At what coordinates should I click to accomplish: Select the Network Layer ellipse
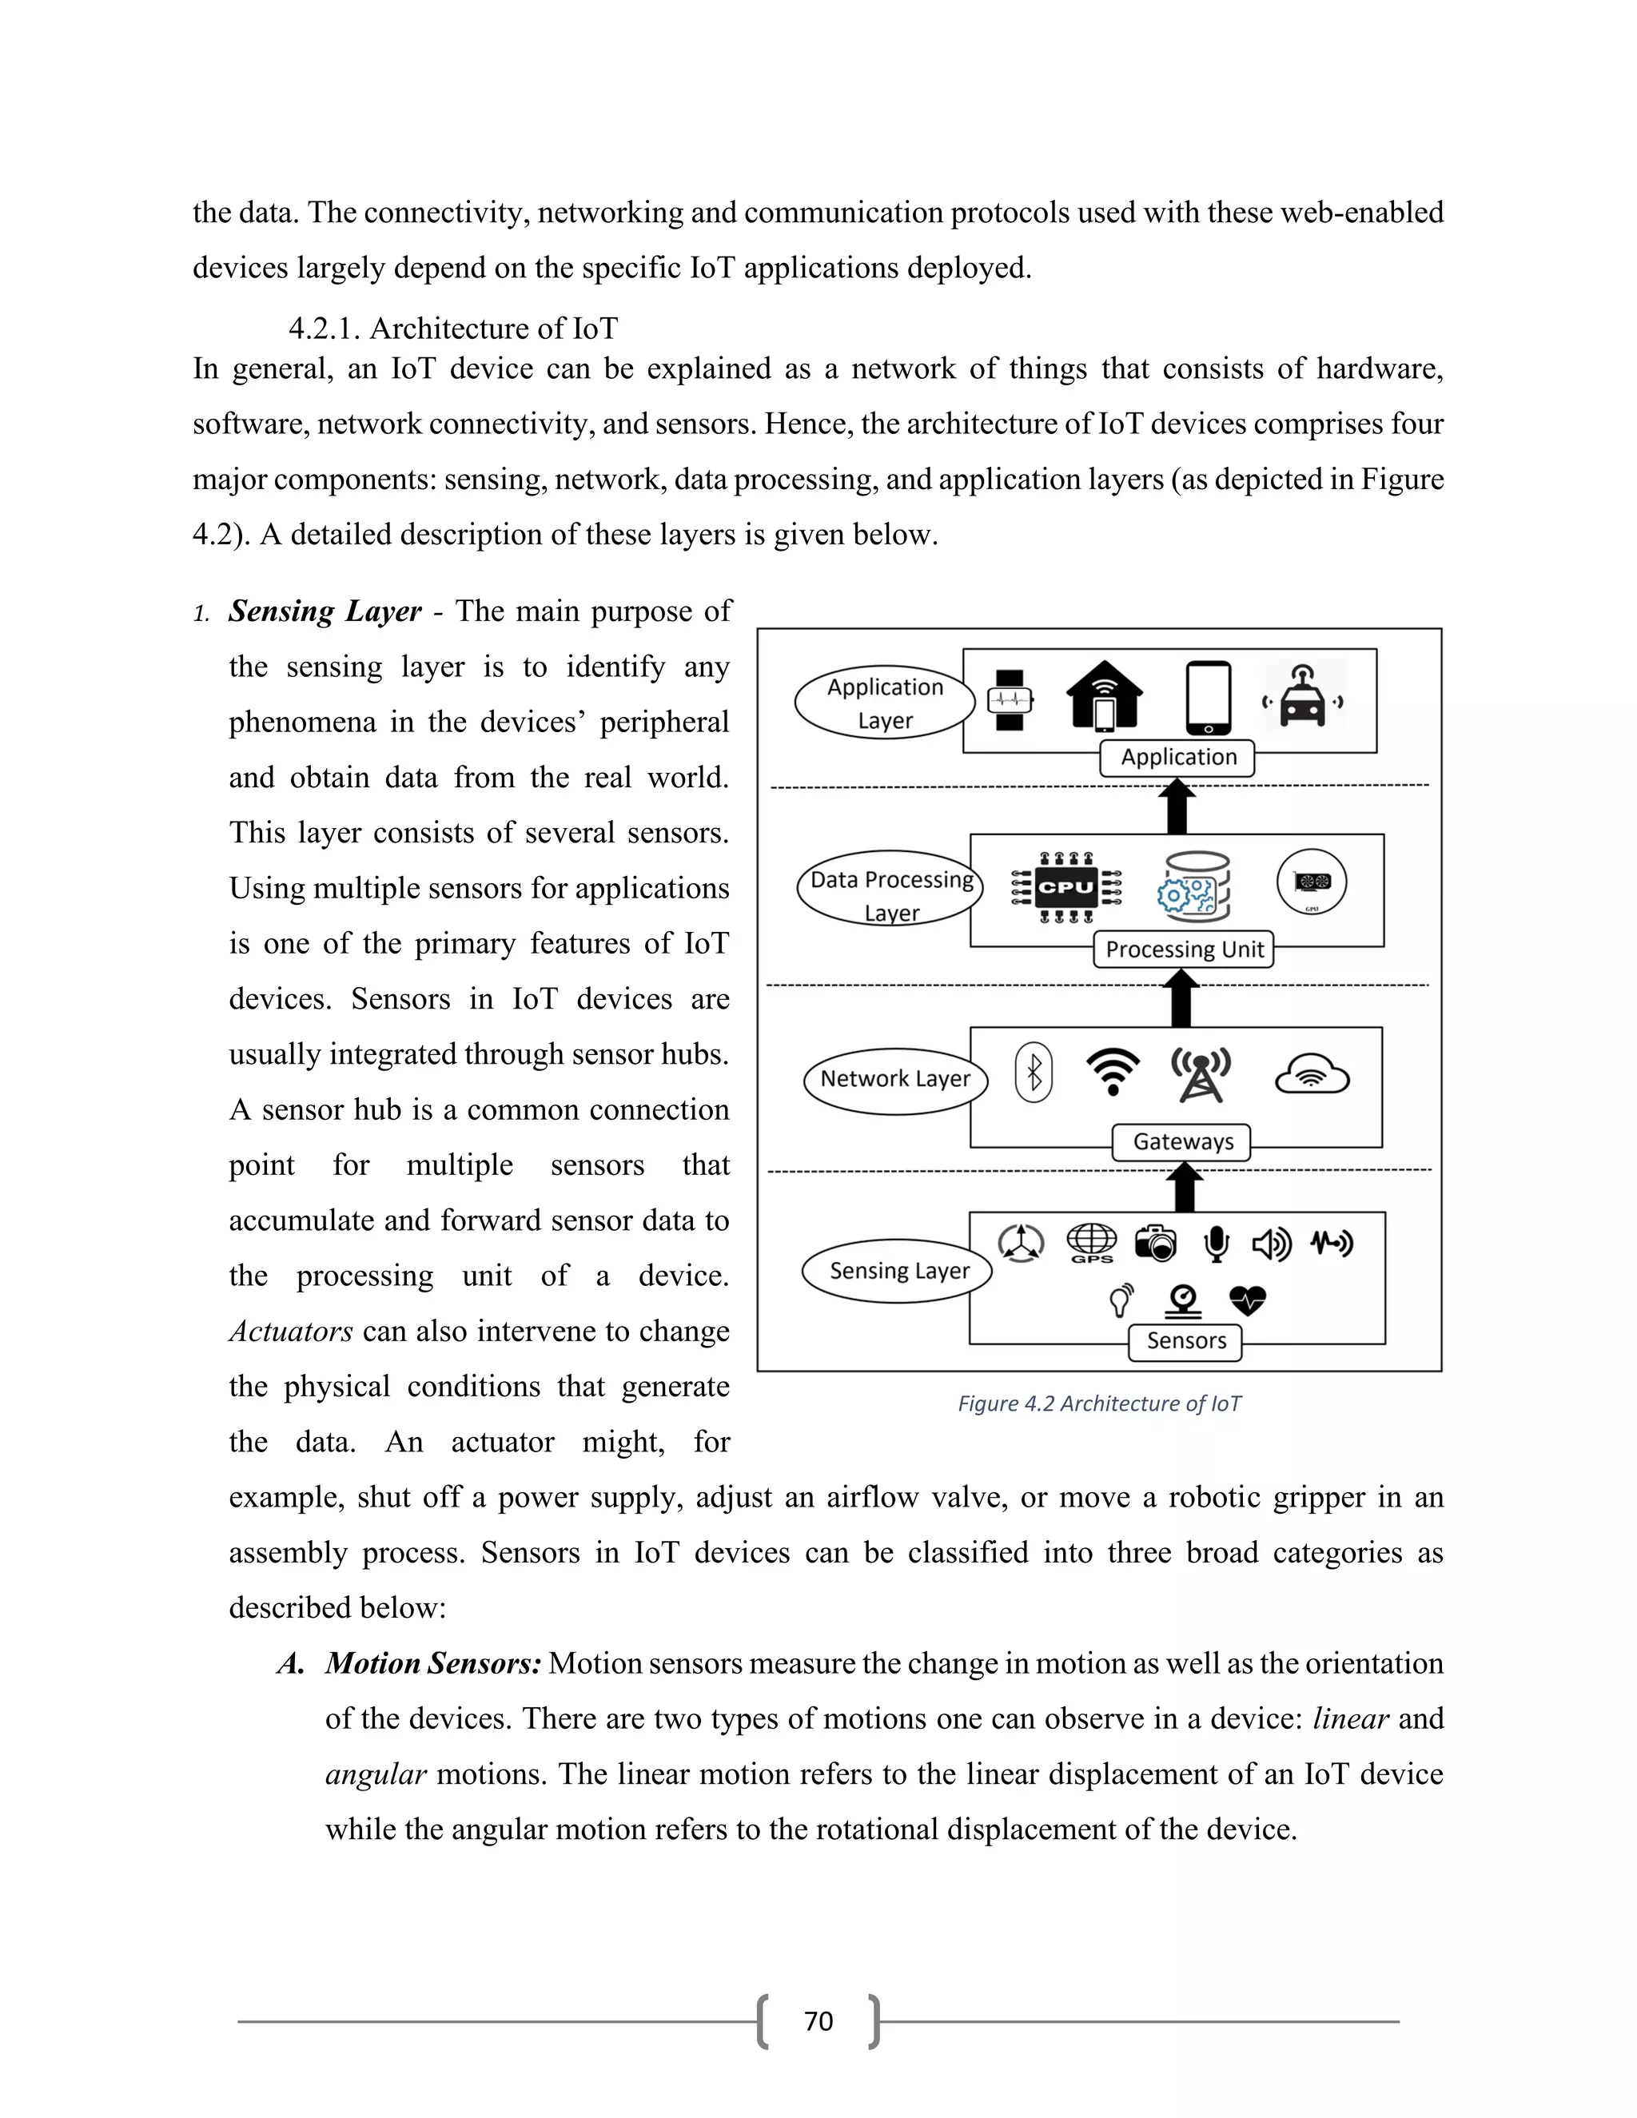(895, 1079)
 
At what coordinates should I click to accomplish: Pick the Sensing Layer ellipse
(897, 1271)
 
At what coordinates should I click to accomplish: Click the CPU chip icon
(1065, 886)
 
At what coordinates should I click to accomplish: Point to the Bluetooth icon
(1034, 1072)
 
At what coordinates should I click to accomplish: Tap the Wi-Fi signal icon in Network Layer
(1113, 1072)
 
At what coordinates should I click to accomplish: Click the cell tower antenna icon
(1201, 1074)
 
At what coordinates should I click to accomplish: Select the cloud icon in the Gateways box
(1311, 1074)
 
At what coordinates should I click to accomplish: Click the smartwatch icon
(1010, 699)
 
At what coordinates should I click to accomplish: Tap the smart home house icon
(1105, 696)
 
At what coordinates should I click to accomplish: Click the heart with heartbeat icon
(1247, 1300)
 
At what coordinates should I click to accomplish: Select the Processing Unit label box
(1183, 949)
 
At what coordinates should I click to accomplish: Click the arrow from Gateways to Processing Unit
(1181, 999)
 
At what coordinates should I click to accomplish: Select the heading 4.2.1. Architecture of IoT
(453, 328)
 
